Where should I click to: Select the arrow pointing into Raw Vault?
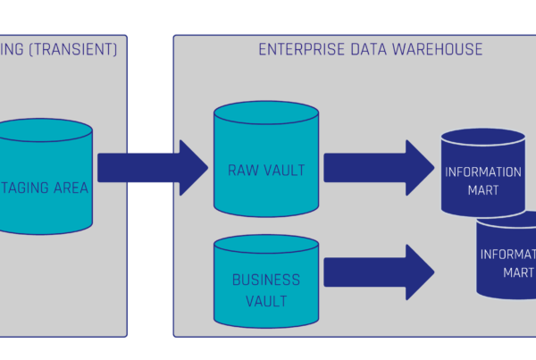pos(153,166)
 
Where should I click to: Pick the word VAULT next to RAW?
pos(287,169)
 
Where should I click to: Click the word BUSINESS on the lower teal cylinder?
pos(266,280)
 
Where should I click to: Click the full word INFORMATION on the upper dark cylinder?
pos(482,172)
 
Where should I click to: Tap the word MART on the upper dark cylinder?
pos(482,189)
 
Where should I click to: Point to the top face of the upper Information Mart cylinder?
pos(482,137)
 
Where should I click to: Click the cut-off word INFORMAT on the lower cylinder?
pos(507,255)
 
